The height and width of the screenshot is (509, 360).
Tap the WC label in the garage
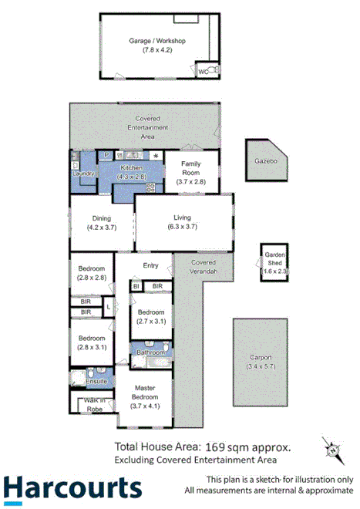coord(204,71)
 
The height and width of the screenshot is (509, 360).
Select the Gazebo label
coord(265,163)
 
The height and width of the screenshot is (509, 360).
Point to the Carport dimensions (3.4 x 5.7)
coord(261,366)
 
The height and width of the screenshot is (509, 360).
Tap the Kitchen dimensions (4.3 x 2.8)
coord(132,177)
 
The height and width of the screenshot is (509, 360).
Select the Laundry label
coord(83,174)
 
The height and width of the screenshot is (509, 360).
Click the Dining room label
coord(102,217)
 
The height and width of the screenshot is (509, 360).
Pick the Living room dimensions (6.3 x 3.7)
coord(183,227)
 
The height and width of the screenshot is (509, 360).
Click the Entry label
coord(151,266)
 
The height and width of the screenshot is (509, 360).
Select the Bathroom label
coord(150,352)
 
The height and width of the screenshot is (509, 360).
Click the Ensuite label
coord(96,381)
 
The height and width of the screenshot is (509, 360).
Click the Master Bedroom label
coord(144,393)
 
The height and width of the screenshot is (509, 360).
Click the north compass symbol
coord(332,449)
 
